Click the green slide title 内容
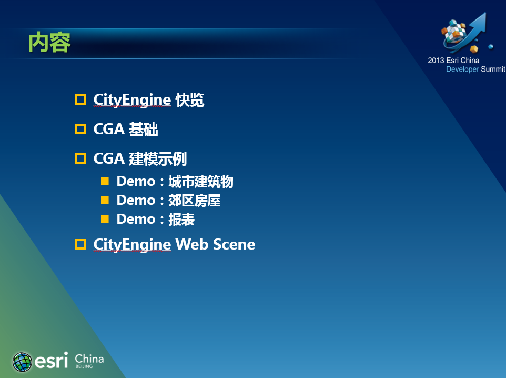tap(49, 42)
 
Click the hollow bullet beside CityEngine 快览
tap(80, 100)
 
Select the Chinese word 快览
tap(190, 100)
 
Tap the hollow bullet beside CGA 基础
tap(80, 129)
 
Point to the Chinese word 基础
tap(144, 129)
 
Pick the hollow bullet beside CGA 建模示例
tap(80, 158)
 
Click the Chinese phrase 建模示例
tap(158, 158)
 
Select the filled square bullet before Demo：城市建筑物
tap(105, 181)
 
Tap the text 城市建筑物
tap(201, 181)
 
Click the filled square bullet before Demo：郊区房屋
tap(105, 200)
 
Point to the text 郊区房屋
tap(194, 200)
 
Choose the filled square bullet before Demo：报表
tap(105, 219)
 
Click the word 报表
tap(181, 220)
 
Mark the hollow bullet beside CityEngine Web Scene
tap(80, 244)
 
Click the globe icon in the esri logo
tap(22, 362)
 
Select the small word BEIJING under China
tap(84, 366)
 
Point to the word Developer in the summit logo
tap(462, 69)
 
